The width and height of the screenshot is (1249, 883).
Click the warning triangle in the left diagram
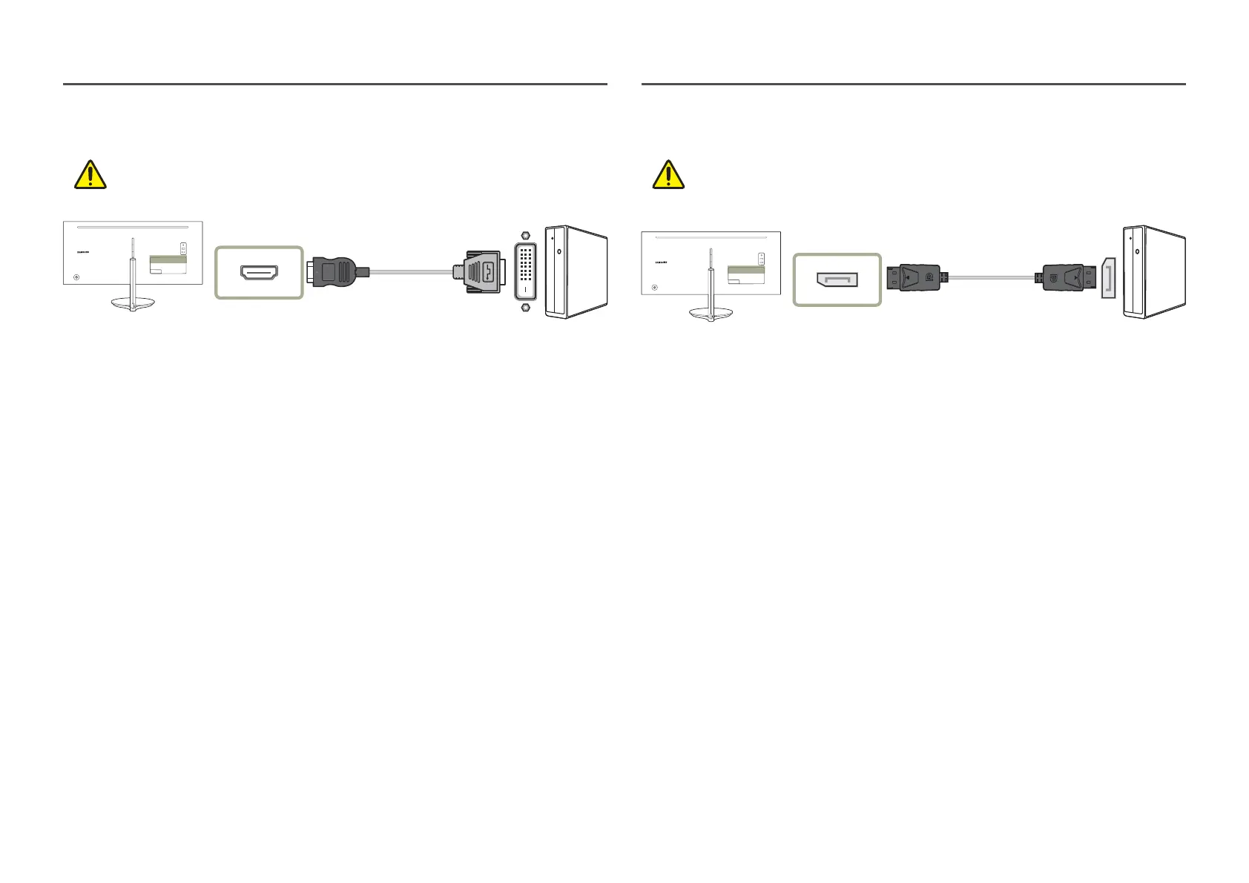coord(90,175)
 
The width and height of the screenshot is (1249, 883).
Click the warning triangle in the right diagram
coord(668,175)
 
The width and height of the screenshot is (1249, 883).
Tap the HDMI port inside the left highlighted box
coord(259,272)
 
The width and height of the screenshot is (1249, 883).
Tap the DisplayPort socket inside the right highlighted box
coord(837,280)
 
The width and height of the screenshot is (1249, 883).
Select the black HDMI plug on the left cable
coord(338,271)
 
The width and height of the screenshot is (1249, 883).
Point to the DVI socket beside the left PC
coord(525,272)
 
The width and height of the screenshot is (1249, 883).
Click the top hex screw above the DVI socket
coord(526,235)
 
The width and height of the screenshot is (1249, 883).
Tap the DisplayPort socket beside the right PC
coord(1108,279)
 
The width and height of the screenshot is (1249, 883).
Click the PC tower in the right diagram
coord(1155,272)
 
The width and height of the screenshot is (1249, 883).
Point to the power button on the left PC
coord(558,250)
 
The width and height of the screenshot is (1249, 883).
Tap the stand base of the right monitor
coord(711,315)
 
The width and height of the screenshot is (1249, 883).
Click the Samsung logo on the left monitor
coord(82,251)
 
